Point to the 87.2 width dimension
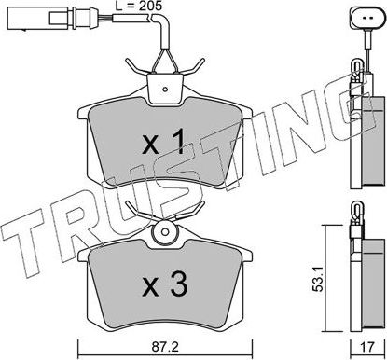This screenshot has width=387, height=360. (x=166, y=346)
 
